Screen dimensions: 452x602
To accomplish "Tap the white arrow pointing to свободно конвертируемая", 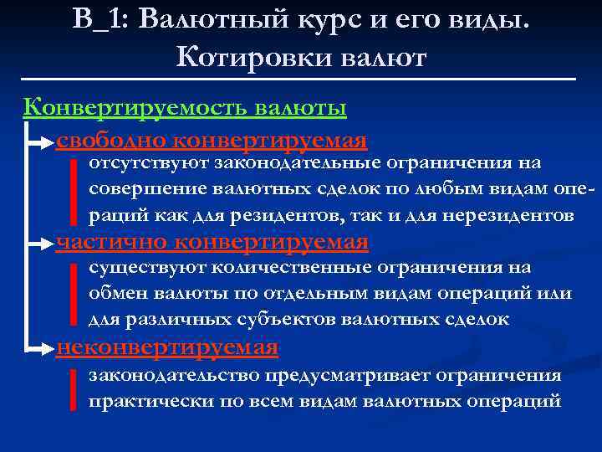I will click(x=40, y=143).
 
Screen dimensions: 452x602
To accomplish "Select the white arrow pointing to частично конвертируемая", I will click(x=40, y=244).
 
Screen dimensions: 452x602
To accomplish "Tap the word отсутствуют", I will click(x=148, y=162).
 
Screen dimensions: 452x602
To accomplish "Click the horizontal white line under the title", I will click(x=301, y=79).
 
